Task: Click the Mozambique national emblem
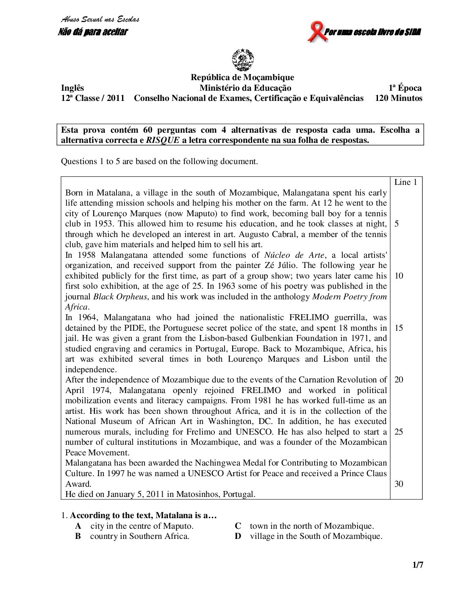242,60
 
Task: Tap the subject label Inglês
72,88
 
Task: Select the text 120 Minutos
398,98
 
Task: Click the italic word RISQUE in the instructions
163,140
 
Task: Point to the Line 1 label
405,182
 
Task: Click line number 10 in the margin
399,276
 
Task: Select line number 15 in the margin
399,328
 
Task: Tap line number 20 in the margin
399,379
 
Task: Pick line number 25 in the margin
399,432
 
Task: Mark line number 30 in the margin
399,484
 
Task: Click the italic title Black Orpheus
120,297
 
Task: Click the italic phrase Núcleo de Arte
294,255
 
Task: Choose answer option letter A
78,526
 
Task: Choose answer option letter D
238,536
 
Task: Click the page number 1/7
418,565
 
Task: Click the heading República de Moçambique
242,77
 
